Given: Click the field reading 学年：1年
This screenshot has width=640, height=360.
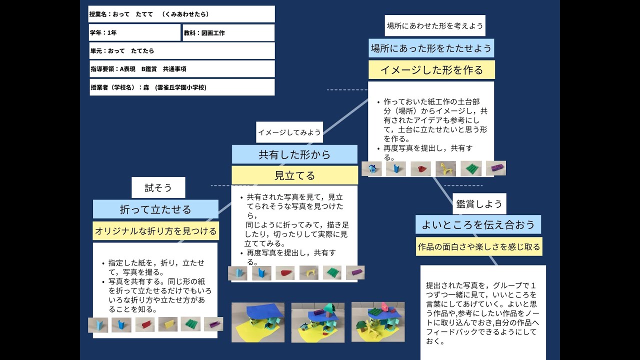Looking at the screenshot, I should click(134, 32).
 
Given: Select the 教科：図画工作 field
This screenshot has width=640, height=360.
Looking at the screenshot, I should click(228, 32).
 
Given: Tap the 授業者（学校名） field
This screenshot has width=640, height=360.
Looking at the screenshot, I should click(182, 87).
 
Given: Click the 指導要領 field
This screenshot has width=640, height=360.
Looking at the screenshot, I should click(182, 69).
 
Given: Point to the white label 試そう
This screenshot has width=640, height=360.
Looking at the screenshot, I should click(158, 187).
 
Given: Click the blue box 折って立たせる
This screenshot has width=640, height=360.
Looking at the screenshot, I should click(155, 209).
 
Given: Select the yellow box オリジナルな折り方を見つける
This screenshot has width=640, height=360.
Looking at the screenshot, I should click(155, 231).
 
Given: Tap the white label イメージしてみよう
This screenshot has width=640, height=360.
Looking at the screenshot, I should click(289, 132).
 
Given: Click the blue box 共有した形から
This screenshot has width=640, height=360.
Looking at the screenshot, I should click(294, 154).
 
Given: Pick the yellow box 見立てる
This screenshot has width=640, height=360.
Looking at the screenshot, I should click(294, 175).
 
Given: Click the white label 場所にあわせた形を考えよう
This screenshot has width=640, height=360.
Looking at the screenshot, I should click(435, 25).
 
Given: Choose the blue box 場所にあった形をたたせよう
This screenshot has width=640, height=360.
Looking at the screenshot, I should click(431, 48).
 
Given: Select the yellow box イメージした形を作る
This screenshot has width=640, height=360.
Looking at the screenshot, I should click(431, 70).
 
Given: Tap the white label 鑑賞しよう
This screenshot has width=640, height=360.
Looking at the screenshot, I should click(478, 204).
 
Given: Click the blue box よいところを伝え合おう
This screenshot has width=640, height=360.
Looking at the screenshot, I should click(478, 225).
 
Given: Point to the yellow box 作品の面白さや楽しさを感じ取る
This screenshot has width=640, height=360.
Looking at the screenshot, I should click(479, 246).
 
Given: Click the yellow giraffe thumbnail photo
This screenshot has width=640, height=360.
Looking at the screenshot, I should click(445, 168).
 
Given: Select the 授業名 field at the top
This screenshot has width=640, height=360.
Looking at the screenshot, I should click(182, 14).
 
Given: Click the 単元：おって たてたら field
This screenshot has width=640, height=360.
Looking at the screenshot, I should click(182, 50).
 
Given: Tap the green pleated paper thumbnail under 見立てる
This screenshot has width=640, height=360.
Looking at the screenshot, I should click(332, 272).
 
